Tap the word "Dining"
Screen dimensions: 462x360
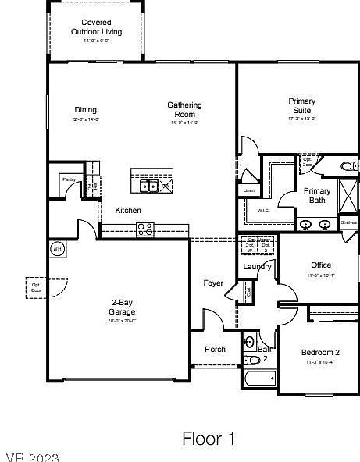pos(86,110)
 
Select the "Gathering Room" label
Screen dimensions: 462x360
pos(185,109)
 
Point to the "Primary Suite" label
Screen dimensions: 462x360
pos(302,105)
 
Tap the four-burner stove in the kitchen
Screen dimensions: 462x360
pos(145,229)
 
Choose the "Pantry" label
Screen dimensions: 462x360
pos(70,179)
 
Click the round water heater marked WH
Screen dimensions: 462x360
pos(56,249)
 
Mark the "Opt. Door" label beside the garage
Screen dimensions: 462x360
pos(36,287)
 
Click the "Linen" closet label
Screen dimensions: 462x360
pos(249,190)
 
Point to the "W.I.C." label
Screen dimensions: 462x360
pos(263,211)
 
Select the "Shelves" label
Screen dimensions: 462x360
pos(349,222)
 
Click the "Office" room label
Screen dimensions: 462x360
pos(321,265)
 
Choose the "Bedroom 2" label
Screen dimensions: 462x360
pos(320,353)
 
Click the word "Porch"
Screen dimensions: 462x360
pos(215,350)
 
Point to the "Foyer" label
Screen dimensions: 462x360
pos(213,283)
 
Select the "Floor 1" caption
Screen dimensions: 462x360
pos(209,439)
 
